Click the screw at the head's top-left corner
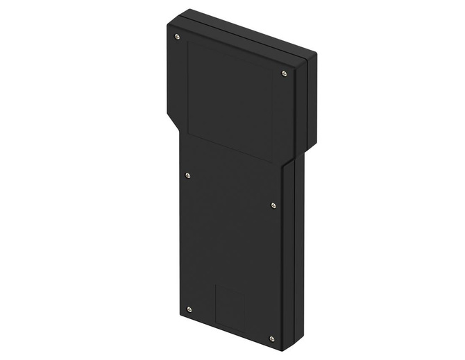tap(177, 36)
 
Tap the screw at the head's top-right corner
tap(284, 73)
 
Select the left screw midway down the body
tap(187, 175)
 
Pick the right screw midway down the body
tap(273, 205)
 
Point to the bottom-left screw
tap(189, 309)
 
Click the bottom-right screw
tap(271, 338)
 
